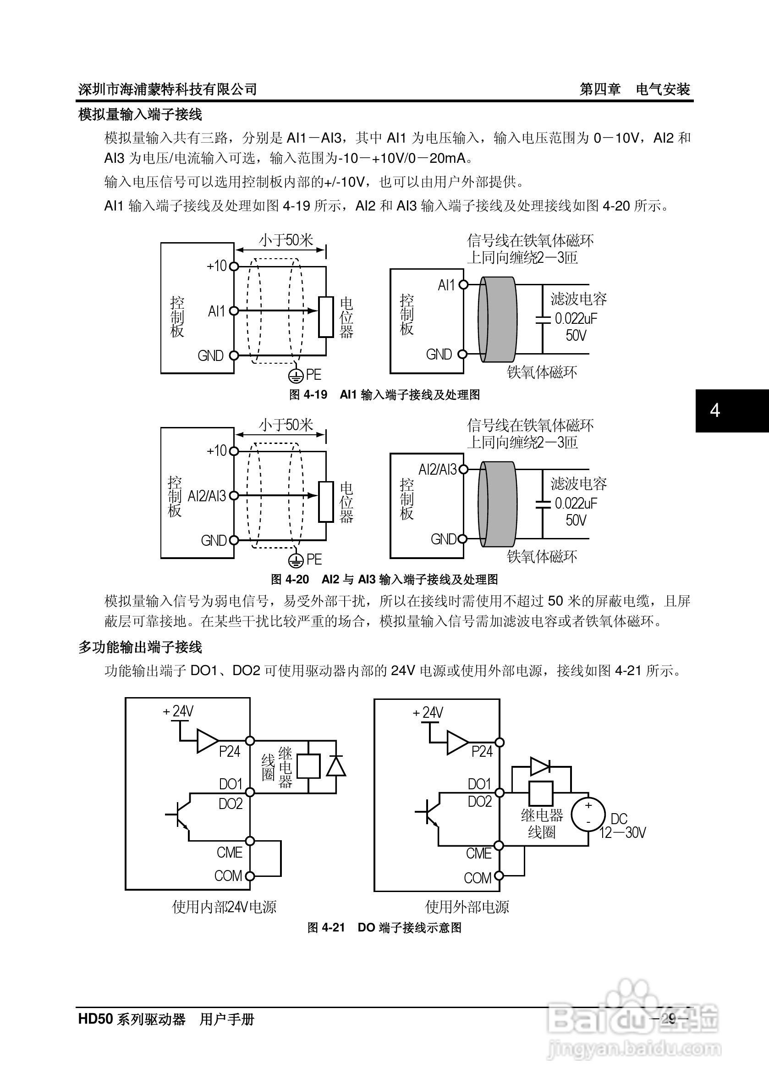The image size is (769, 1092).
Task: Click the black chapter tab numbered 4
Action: [x=731, y=410]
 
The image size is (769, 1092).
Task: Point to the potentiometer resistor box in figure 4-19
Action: [x=326, y=317]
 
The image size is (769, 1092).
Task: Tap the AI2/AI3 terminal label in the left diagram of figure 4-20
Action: [x=207, y=496]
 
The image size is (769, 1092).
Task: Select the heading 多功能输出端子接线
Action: [x=140, y=647]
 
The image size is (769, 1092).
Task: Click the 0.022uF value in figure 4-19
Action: [x=576, y=318]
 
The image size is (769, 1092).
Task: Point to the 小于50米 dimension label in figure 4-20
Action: [x=286, y=425]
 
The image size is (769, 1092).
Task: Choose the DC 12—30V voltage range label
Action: [x=622, y=826]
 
